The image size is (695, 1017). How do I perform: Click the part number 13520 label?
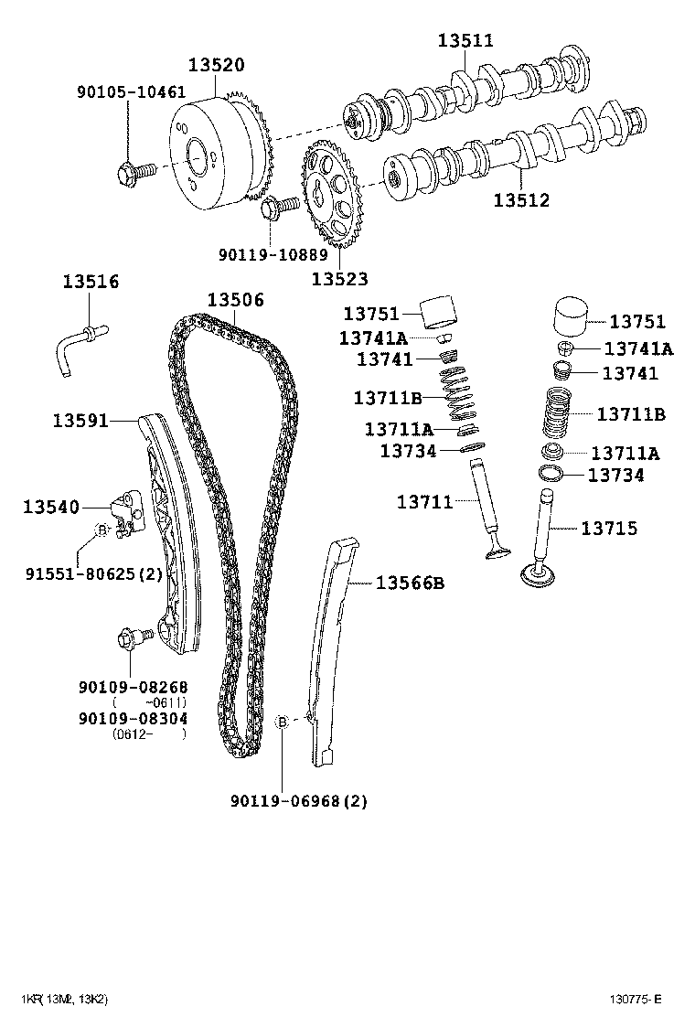[217, 65]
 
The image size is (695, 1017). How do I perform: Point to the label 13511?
[465, 40]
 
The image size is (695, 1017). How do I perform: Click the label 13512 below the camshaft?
[521, 199]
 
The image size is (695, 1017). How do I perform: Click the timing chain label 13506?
[235, 300]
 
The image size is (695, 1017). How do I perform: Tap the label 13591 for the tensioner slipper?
[80, 421]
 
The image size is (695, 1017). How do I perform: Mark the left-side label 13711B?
[388, 397]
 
